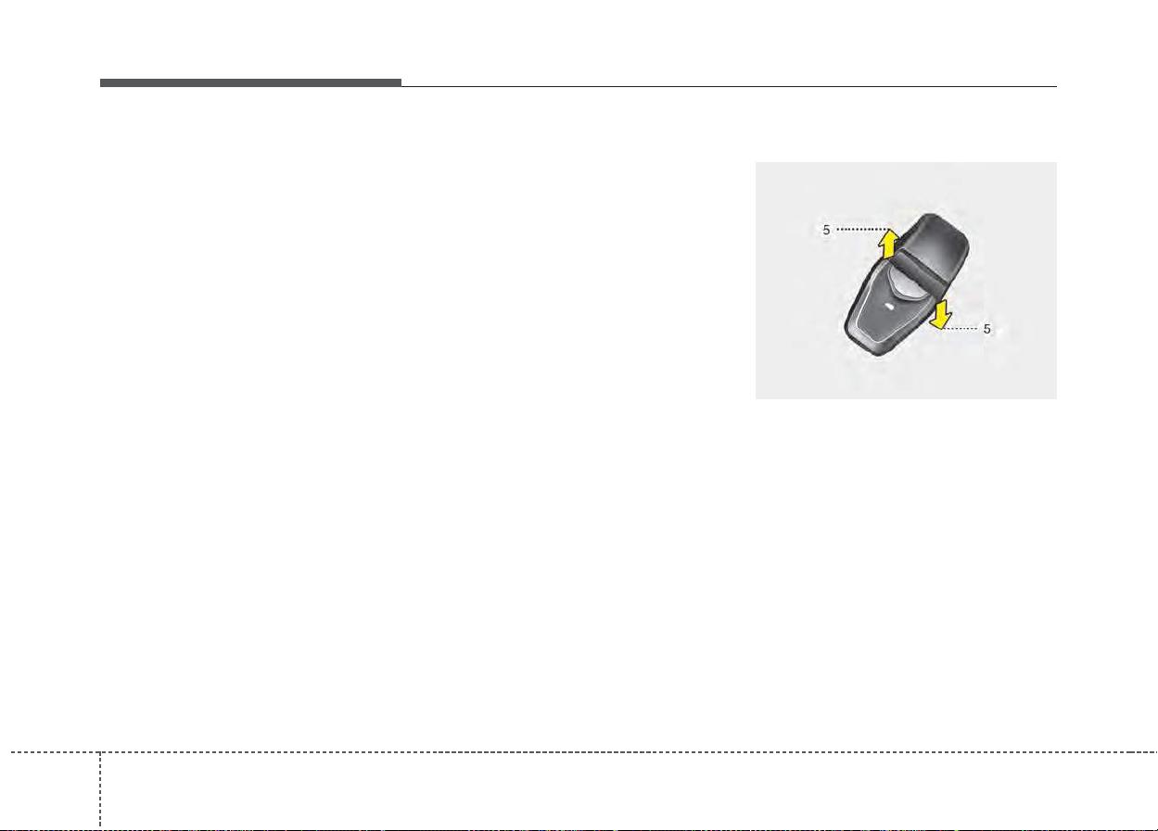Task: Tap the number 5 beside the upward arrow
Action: pos(825,229)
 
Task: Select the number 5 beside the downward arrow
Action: pos(987,329)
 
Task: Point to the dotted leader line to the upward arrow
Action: pos(859,229)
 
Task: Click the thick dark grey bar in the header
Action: pos(250,83)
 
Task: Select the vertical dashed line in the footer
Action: pos(100,787)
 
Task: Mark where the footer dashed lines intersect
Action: pos(100,752)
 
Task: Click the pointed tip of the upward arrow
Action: pos(888,231)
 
